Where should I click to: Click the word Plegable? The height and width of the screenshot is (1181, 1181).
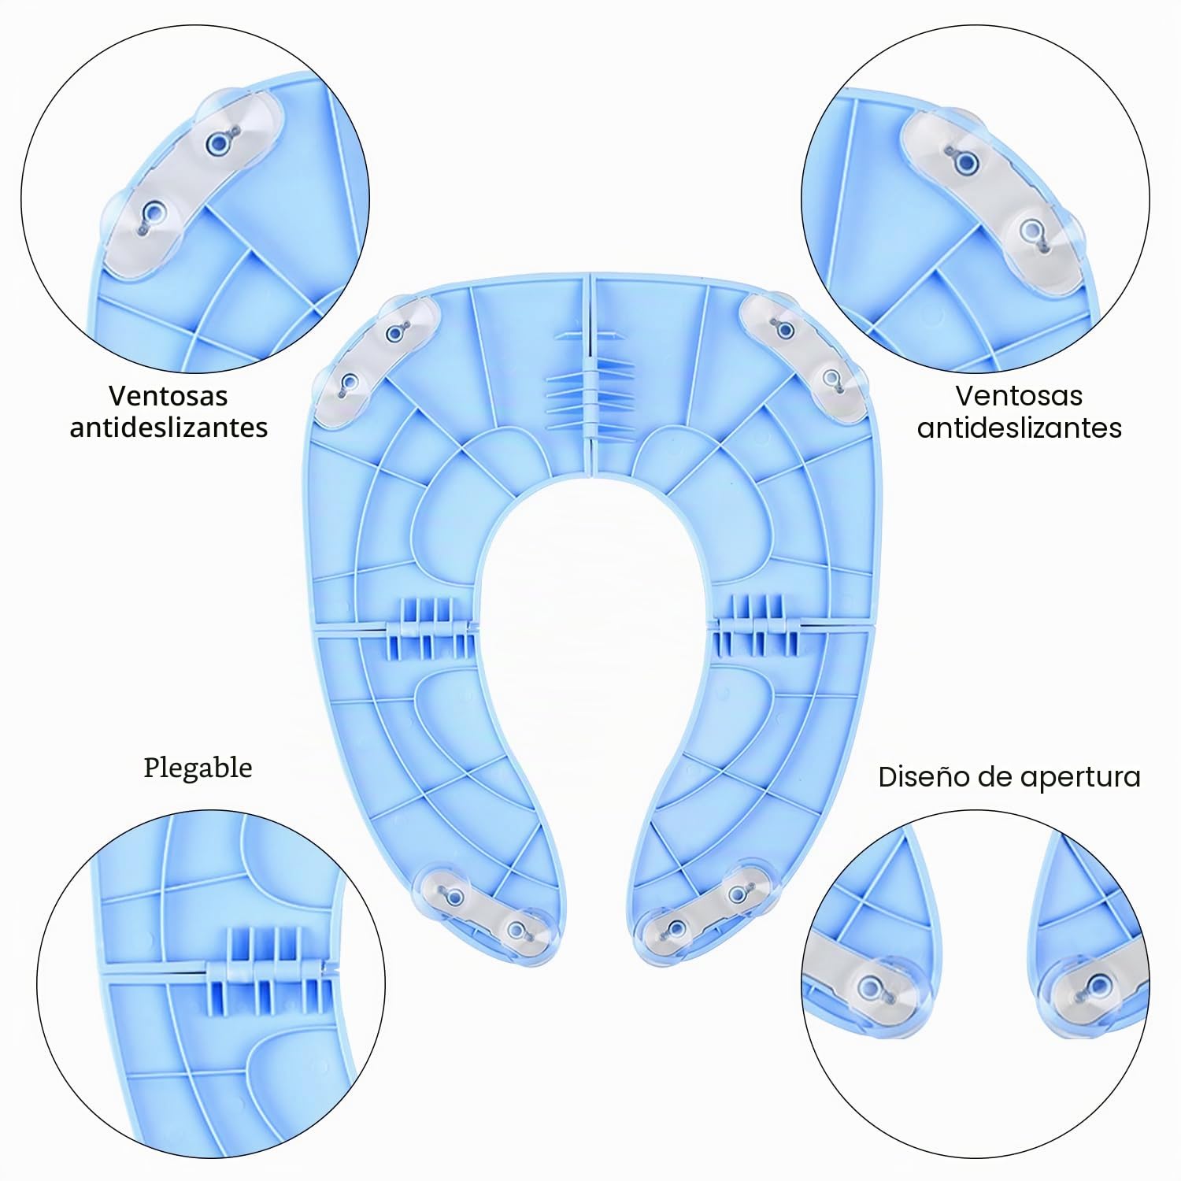198,768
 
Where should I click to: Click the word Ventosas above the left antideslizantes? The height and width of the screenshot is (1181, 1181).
168,395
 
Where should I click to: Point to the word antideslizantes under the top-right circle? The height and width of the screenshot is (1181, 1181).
1020,428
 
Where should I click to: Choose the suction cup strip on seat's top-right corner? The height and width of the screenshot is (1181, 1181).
806,355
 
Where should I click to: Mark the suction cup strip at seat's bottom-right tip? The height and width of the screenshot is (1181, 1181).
703,905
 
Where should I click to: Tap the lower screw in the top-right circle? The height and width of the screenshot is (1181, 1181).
1032,231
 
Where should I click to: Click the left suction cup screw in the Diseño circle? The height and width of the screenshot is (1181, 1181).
871,986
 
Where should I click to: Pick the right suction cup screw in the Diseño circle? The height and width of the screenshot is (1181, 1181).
1095,985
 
